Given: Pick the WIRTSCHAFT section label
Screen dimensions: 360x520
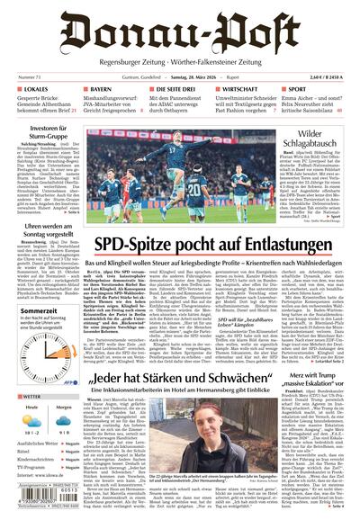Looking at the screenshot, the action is (x=246, y=91).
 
